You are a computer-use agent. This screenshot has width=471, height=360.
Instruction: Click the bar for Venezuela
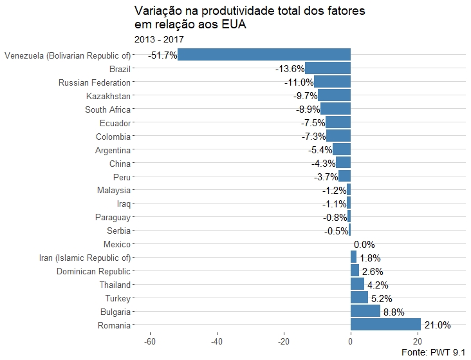coord(264,55)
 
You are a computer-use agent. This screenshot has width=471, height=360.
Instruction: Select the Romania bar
coord(385,325)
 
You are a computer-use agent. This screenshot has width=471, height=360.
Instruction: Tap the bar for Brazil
coord(328,68)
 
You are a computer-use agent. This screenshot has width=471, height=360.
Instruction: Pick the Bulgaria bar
coord(365,311)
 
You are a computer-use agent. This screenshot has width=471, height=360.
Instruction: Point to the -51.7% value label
coord(162,55)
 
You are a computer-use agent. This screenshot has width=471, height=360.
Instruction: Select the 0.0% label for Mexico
coord(364,245)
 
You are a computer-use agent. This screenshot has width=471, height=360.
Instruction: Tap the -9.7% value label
coord(306,96)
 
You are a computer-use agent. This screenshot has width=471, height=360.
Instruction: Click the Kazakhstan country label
coord(108,96)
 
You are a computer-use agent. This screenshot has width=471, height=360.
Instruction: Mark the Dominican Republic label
coord(93,271)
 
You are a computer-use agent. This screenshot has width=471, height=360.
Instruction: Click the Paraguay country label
coord(113,217)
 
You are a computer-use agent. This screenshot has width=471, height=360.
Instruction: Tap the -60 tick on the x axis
coord(150,341)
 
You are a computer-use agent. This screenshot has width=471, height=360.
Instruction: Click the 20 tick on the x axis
coord(417,341)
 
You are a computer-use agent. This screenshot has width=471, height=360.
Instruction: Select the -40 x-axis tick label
coord(217,341)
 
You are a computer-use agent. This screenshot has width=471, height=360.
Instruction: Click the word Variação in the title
coord(158,11)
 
